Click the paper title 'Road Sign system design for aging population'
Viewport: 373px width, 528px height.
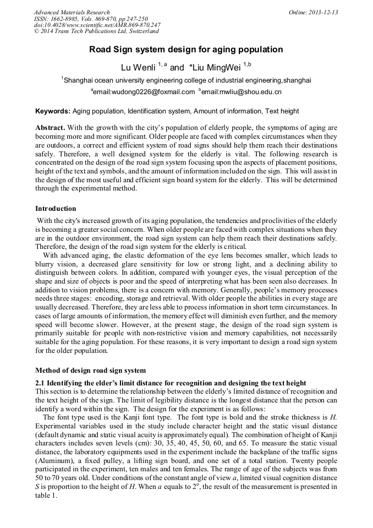coord(186,50)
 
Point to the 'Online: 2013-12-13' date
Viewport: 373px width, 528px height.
coord(313,12)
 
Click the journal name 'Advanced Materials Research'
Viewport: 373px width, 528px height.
coord(72,12)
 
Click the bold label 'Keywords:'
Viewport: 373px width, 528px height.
coord(53,111)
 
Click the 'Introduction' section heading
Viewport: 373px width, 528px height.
coord(56,209)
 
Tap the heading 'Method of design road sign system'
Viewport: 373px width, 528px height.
coord(91,370)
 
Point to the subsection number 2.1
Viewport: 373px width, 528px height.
coord(40,383)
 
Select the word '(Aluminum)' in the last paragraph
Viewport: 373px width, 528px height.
coord(53,476)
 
